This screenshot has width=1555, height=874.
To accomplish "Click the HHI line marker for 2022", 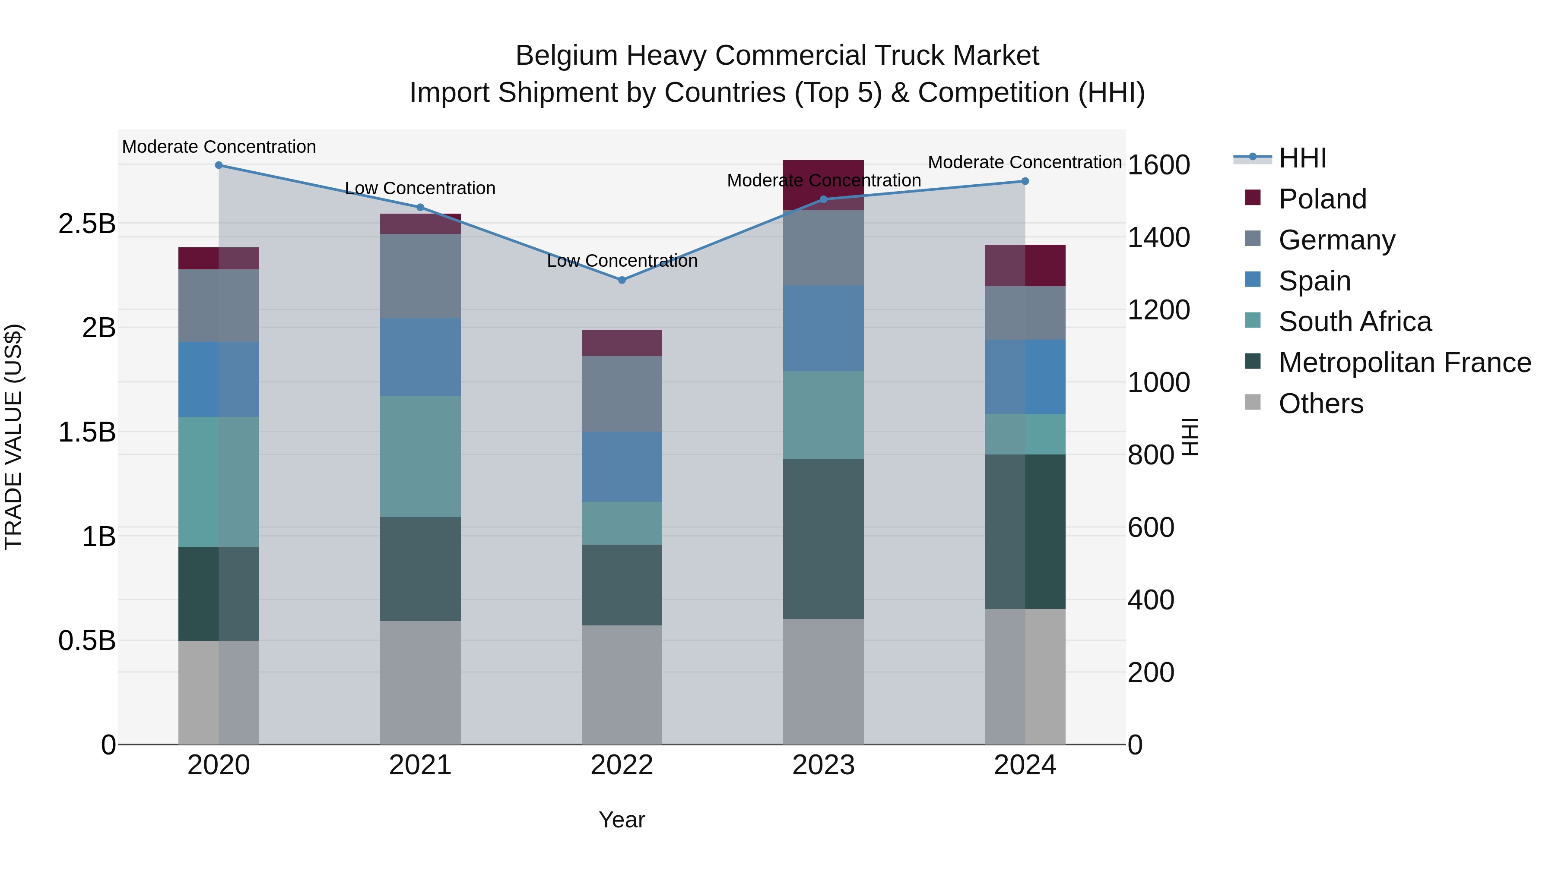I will coord(622,280).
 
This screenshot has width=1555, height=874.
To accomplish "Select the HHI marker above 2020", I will coord(219,165).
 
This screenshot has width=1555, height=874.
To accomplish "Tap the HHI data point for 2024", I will coord(1025,181).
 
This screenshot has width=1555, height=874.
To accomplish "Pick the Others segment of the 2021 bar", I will coord(420,682).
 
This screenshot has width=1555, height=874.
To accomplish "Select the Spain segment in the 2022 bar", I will coord(622,466).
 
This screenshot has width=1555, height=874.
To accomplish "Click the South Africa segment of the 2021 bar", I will coord(420,456).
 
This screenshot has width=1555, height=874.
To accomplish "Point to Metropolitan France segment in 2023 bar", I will coord(823,539).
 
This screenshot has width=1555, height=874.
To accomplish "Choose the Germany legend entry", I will coord(1336,240).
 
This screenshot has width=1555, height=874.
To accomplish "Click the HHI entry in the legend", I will coord(1302,158).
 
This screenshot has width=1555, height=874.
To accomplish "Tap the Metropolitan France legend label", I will coord(1405,363).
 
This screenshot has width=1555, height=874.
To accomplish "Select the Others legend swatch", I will coord(1253,402).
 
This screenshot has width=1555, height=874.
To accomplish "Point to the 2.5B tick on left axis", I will coord(87,224).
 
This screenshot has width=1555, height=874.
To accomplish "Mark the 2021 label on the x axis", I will coord(420,765).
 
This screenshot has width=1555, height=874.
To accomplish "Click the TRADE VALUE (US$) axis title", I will coord(13,437).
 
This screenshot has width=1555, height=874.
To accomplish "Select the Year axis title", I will coord(622,820).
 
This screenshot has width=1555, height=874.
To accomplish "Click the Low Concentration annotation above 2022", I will coord(622,261).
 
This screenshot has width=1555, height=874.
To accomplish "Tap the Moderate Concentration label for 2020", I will coord(219,147).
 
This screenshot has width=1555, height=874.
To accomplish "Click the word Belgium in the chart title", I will coord(566,56).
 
